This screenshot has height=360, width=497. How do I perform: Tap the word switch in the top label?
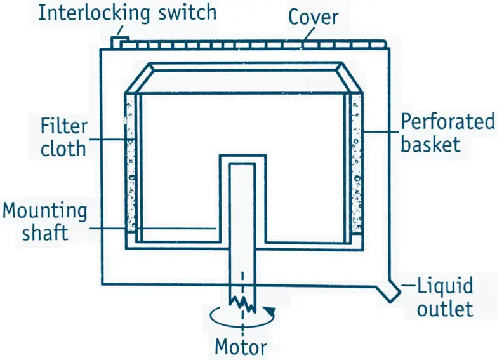(185, 13)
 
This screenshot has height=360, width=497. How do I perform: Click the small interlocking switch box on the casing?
(119, 41)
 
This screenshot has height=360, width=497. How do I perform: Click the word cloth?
(63, 148)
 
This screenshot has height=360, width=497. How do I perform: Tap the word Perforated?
(447, 121)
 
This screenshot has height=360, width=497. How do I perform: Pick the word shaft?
(44, 232)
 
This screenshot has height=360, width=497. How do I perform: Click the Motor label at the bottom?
(241, 347)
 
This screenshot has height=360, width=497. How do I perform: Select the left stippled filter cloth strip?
(131, 165)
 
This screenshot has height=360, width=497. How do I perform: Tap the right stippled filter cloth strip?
(356, 165)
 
